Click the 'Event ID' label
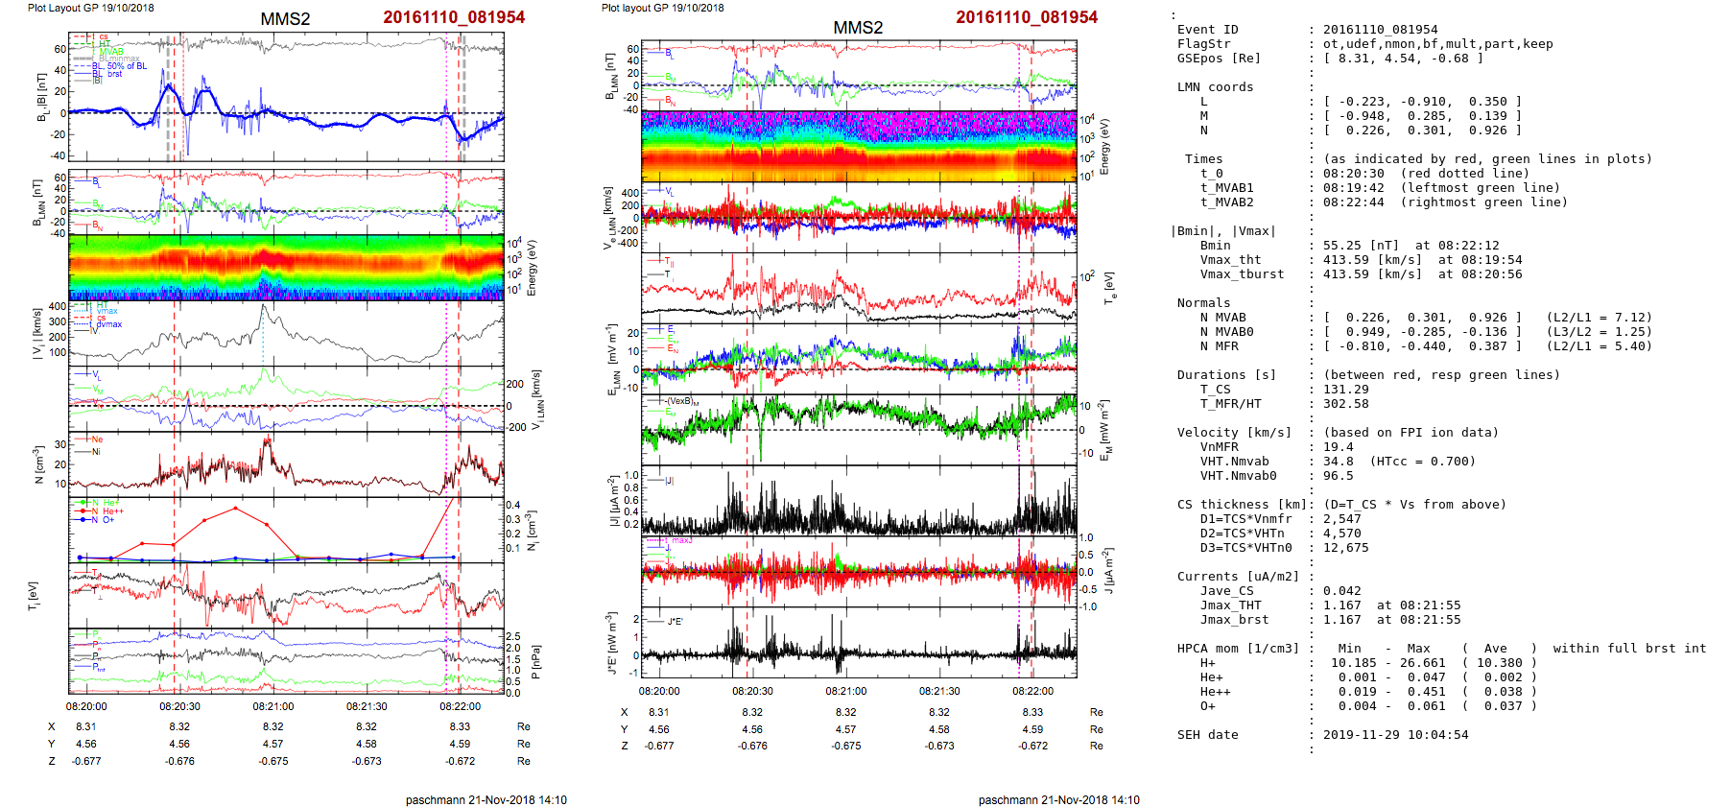tap(1207, 30)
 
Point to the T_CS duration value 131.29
tap(1345, 390)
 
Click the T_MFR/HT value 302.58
tap(1345, 404)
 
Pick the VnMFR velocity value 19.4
tap(1338, 447)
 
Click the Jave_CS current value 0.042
tap(1341, 591)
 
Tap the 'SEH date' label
tap(1207, 735)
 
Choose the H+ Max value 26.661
tap(1422, 663)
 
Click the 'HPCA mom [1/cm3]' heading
tap(1238, 649)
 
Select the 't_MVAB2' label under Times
tap(1226, 202)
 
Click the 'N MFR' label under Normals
tap(1219, 346)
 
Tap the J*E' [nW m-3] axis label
tap(612, 643)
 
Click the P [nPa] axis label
tap(535, 662)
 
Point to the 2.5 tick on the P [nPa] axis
tap(513, 636)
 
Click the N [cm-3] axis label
tap(38, 464)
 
